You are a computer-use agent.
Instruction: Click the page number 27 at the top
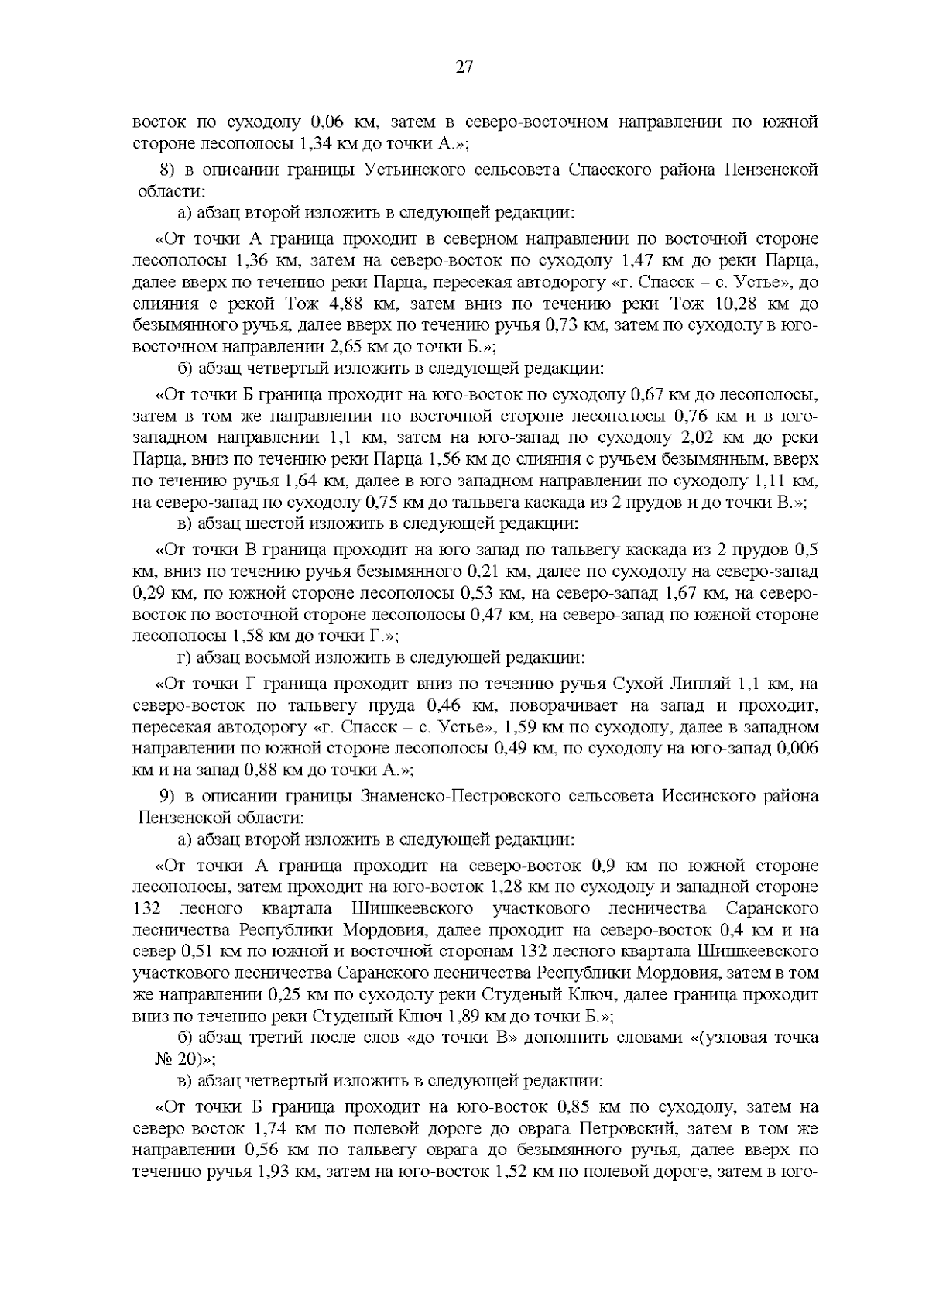coord(464,67)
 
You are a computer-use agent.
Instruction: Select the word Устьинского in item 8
coord(414,170)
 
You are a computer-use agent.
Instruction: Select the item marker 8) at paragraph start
coord(167,170)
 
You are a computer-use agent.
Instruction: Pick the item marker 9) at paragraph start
coord(168,796)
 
